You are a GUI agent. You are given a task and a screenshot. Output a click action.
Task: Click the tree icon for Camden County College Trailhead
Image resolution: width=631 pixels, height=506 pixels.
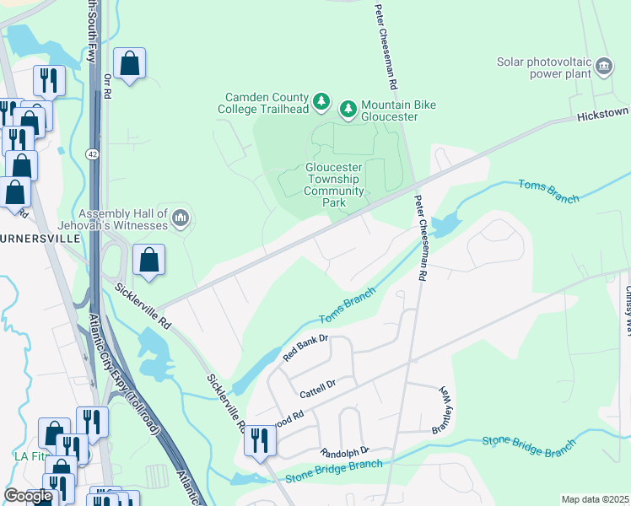pos(321,102)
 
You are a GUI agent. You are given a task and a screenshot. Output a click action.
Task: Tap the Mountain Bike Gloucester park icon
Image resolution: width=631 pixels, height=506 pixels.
pos(348,109)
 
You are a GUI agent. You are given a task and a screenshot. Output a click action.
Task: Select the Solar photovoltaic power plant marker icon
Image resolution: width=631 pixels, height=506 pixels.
pos(603,67)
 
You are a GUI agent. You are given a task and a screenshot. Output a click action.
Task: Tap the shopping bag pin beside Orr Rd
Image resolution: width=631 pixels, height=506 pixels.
pos(130,63)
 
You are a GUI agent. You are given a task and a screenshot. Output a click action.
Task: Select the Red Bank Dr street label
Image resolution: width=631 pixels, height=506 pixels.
pos(305,348)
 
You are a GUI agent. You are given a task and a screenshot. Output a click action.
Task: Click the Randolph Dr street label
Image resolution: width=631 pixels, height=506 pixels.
pos(345,452)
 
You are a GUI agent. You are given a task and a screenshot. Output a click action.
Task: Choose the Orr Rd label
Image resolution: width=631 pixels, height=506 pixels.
pos(107,86)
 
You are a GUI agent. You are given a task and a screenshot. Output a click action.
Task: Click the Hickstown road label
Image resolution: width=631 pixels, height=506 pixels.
pos(603,113)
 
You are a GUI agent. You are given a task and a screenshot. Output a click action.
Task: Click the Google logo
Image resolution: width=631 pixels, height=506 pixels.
pos(28,496)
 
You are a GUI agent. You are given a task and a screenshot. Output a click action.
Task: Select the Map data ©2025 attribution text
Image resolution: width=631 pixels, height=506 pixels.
pos(594,499)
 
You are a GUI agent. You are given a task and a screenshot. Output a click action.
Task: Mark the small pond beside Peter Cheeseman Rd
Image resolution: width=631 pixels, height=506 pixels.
pos(443,226)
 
